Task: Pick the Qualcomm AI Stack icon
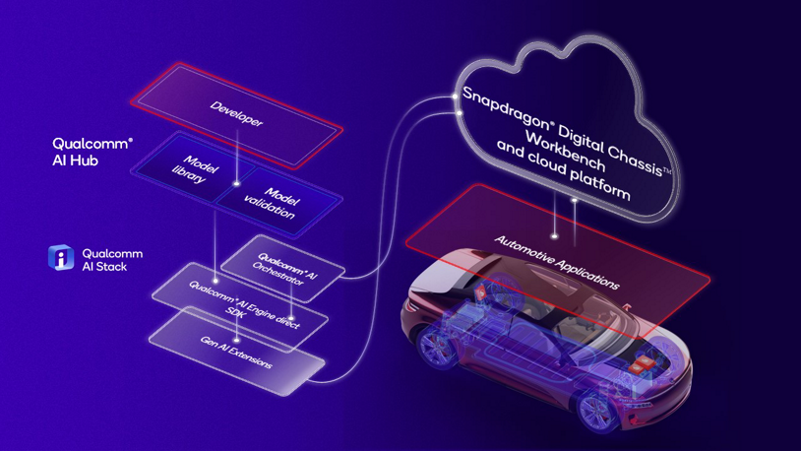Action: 61,258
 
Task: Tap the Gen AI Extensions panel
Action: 237,353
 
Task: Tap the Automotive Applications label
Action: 557,262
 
